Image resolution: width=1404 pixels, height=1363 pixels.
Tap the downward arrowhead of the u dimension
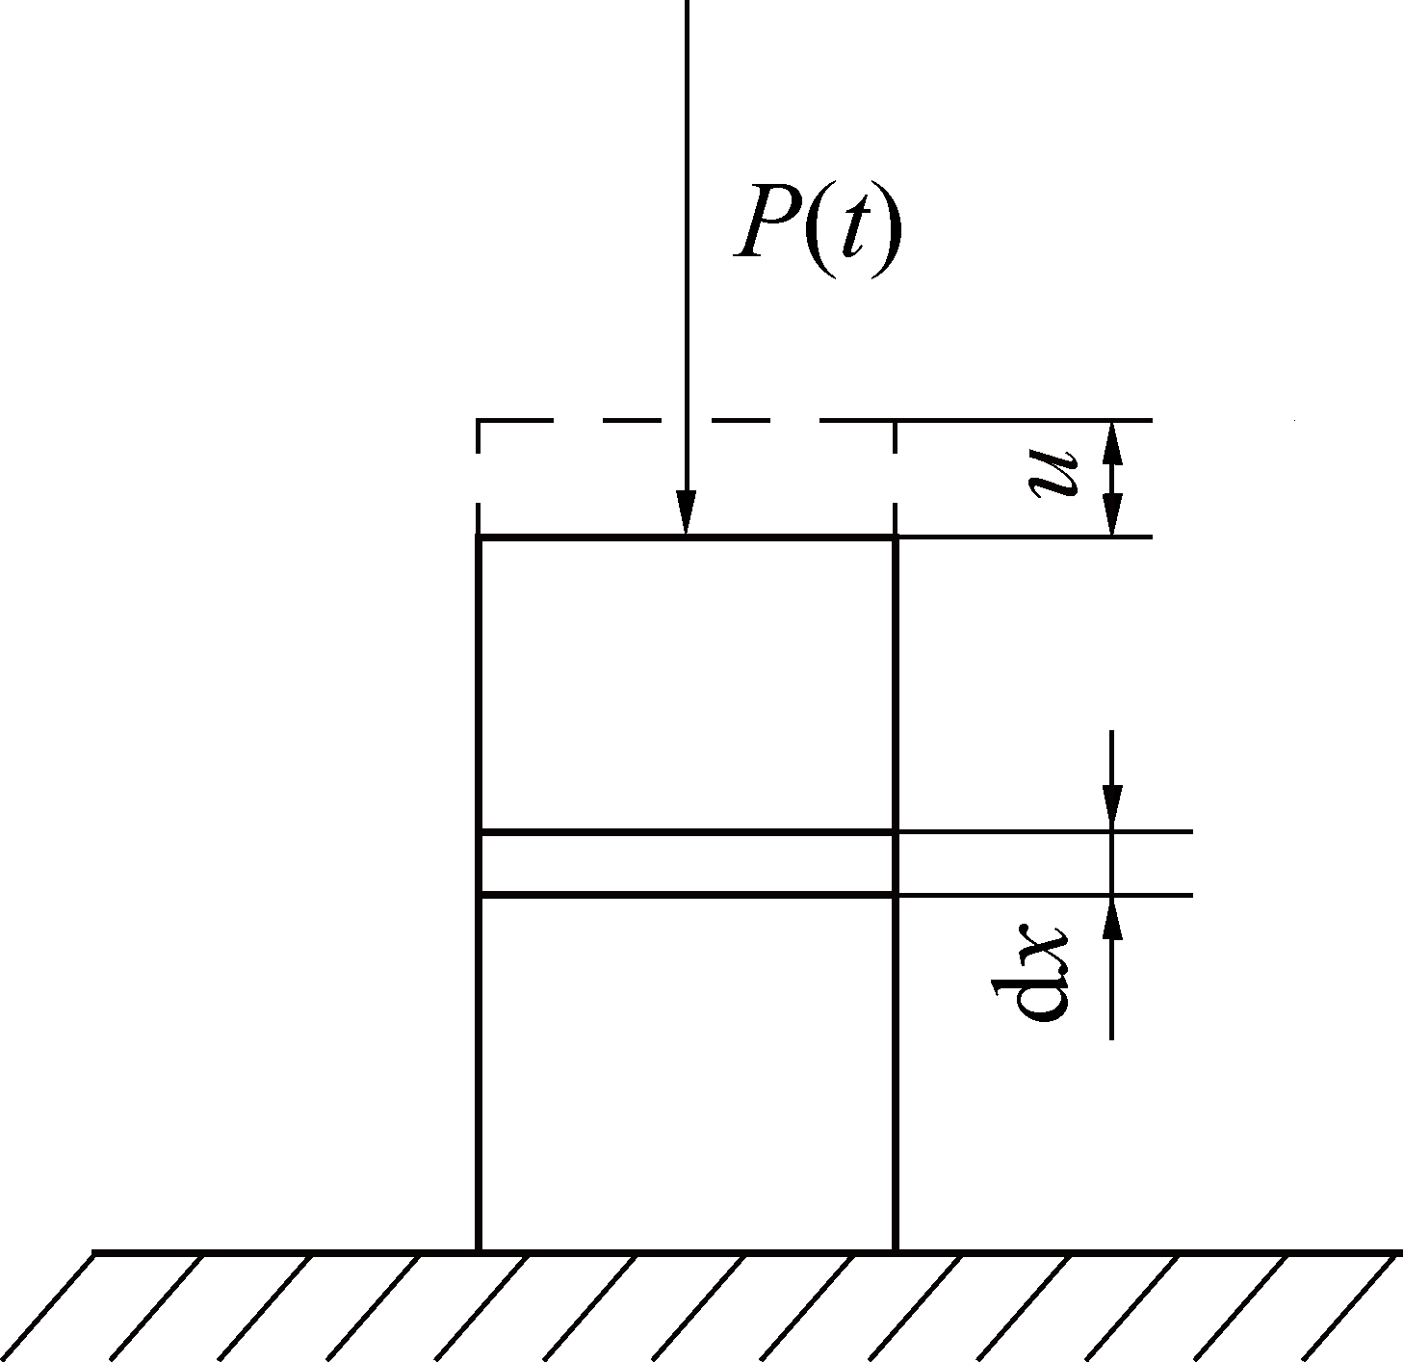1112,516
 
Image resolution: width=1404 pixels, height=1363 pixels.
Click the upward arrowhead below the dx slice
1112,919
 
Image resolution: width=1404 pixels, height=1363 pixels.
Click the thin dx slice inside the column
688,863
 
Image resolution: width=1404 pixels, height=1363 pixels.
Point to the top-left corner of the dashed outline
480,421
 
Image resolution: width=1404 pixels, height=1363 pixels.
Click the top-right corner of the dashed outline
896,421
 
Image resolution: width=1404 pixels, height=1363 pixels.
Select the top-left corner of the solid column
480,537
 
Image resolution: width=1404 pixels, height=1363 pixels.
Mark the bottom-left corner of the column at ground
480,1250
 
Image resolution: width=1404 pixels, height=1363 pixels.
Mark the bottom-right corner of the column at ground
896,1250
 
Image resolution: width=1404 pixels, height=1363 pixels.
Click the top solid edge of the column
578,537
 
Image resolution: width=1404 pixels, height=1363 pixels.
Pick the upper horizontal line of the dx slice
688,830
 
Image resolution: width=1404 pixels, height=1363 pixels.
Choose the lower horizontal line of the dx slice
688,896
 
